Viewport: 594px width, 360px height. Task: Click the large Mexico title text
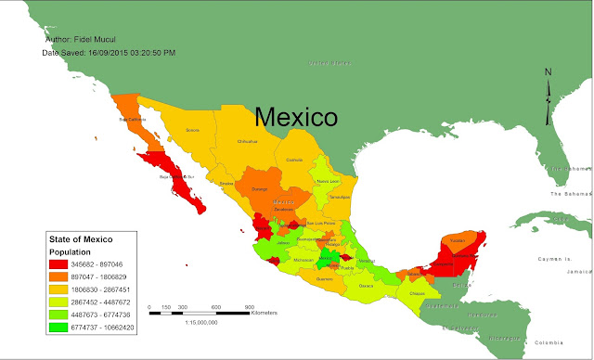click(296, 117)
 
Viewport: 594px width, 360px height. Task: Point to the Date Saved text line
click(109, 53)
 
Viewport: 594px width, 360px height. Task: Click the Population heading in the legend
click(71, 251)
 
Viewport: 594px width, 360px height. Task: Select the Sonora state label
click(192, 131)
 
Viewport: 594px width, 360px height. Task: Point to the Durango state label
click(261, 187)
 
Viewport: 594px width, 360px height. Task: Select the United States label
click(331, 63)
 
